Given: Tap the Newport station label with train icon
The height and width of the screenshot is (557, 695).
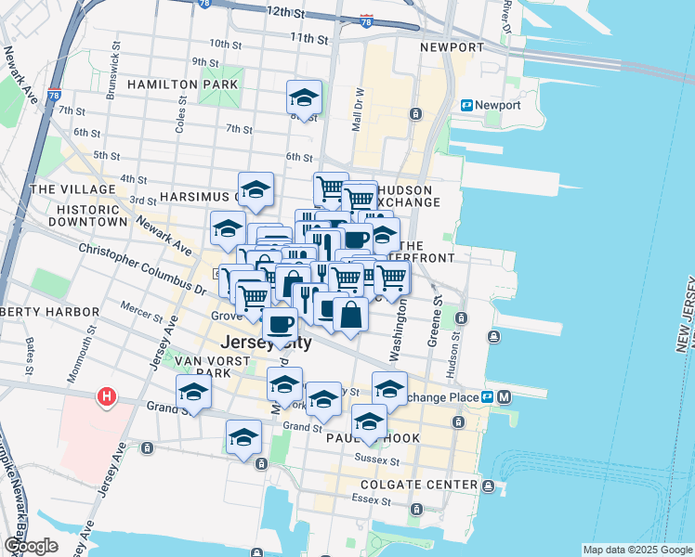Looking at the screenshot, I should click(491, 106).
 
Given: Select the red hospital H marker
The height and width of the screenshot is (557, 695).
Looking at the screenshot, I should click(107, 397).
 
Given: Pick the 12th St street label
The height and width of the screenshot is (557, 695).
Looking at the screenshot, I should click(285, 14).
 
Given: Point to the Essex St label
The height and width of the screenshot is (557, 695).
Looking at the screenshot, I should click(367, 499).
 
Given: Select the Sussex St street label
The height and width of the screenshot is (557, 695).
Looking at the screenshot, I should click(382, 460).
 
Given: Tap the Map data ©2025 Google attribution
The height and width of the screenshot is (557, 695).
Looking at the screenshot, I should click(637, 550).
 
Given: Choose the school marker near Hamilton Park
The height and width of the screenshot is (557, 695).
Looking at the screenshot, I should click(304, 97).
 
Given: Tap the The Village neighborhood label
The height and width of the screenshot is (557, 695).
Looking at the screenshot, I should click(65, 188).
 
